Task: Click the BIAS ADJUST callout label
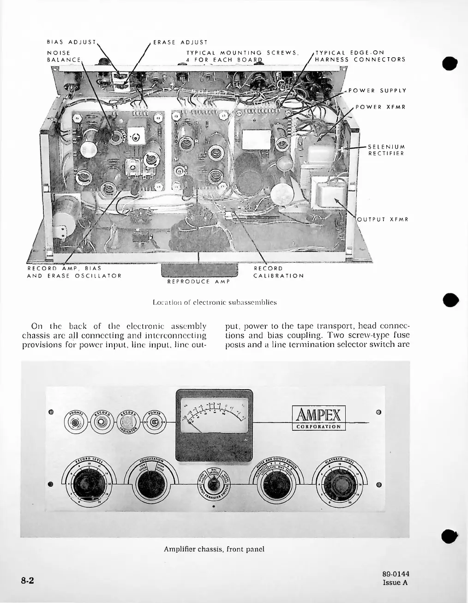point(72,42)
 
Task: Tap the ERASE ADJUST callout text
point(180,42)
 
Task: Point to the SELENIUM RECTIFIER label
point(386,150)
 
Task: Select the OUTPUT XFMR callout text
point(383,219)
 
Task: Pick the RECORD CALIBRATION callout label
point(279,272)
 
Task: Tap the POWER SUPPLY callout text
point(377,90)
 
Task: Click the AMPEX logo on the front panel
point(318,415)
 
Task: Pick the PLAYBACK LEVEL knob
point(336,485)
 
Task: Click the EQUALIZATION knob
point(149,485)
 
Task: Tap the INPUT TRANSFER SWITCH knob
point(213,486)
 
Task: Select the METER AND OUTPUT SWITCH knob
point(276,485)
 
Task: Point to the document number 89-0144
point(396,574)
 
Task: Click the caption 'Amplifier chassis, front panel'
point(214,549)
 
